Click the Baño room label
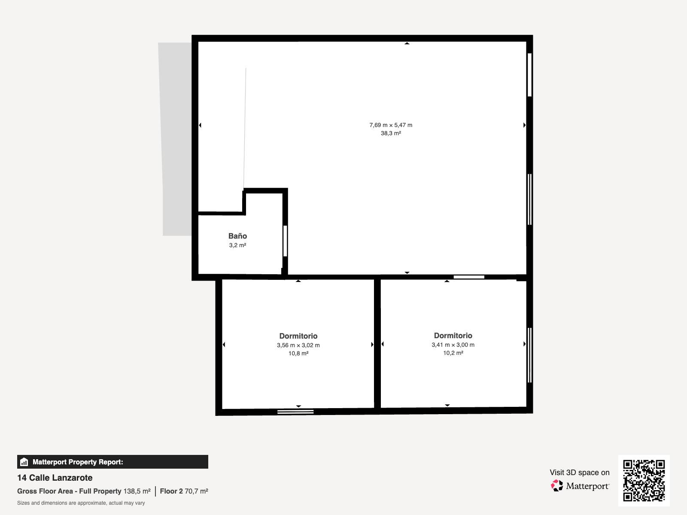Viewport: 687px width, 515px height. pos(237,236)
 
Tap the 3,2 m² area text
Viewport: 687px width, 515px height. pos(237,245)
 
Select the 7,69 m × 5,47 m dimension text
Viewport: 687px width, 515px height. pos(391,125)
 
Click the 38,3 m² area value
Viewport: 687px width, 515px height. pos(391,133)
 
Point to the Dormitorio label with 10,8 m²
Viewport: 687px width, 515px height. pos(298,336)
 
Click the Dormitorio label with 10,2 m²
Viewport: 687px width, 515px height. pos(453,336)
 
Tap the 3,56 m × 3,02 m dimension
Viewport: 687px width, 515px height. pos(298,345)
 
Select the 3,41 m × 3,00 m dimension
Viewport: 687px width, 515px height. pos(453,345)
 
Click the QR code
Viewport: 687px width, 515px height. pos(644,481)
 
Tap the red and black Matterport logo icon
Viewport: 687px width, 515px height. pos(557,486)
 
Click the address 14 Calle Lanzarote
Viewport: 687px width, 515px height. pos(55,478)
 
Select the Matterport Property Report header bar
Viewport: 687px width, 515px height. pos(112,462)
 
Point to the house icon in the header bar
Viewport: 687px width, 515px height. pos(24,462)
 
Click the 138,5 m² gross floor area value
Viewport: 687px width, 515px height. pos(137,491)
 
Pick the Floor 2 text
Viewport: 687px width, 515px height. pos(171,491)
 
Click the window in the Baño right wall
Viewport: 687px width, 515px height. pos(285,241)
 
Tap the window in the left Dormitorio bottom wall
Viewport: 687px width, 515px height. pos(295,412)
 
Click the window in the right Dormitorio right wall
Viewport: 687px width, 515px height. pos(529,355)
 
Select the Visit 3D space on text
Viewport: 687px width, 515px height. pos(579,473)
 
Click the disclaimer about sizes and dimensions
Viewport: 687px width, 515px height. pos(81,503)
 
